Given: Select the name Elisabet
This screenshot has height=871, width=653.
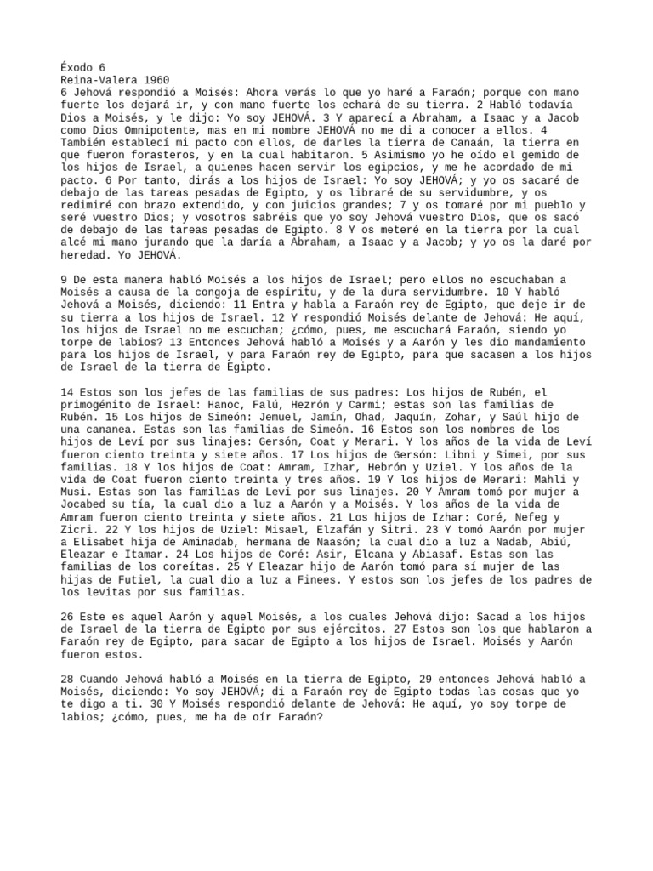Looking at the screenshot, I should [106, 544].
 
